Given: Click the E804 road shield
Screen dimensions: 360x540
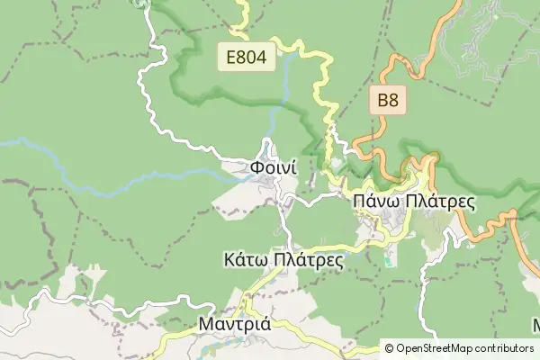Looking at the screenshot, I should (247, 58).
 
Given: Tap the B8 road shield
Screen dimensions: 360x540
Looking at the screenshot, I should (387, 101).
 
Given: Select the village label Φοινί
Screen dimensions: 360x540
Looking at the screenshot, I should (269, 167).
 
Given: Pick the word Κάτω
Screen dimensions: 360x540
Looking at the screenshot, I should (244, 260).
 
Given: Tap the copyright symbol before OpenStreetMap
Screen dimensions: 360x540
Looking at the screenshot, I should (389, 347).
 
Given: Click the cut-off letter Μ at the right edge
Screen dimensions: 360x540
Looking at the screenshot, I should (536, 324).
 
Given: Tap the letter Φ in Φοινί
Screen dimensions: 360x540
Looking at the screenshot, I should (256, 167).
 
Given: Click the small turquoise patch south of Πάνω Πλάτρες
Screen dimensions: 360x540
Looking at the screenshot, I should (389, 261).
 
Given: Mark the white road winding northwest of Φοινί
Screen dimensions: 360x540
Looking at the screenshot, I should (153, 99).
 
